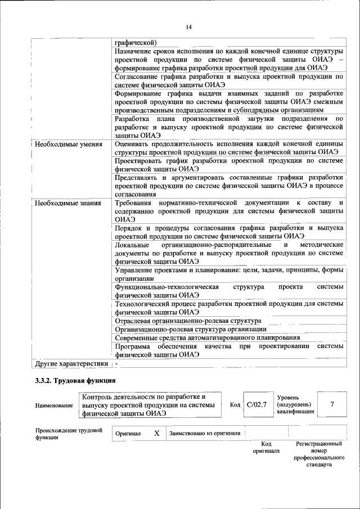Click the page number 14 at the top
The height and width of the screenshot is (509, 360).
[188, 27]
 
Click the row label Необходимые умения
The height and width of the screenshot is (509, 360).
[68, 144]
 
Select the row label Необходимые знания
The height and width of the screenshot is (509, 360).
[67, 203]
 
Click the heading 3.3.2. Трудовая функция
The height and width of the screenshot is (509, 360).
[75, 381]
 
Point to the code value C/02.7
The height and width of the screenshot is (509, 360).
[256, 404]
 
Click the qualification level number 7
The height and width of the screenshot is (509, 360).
[332, 404]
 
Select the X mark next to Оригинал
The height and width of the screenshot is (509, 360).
[157, 434]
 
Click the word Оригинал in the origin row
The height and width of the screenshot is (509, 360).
[128, 434]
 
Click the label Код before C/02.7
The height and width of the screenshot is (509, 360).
[235, 404]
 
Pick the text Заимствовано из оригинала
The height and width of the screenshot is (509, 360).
[205, 434]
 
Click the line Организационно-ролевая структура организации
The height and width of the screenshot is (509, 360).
[190, 329]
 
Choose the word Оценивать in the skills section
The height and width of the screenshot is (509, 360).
[133, 144]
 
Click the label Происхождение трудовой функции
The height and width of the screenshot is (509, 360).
[69, 434]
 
